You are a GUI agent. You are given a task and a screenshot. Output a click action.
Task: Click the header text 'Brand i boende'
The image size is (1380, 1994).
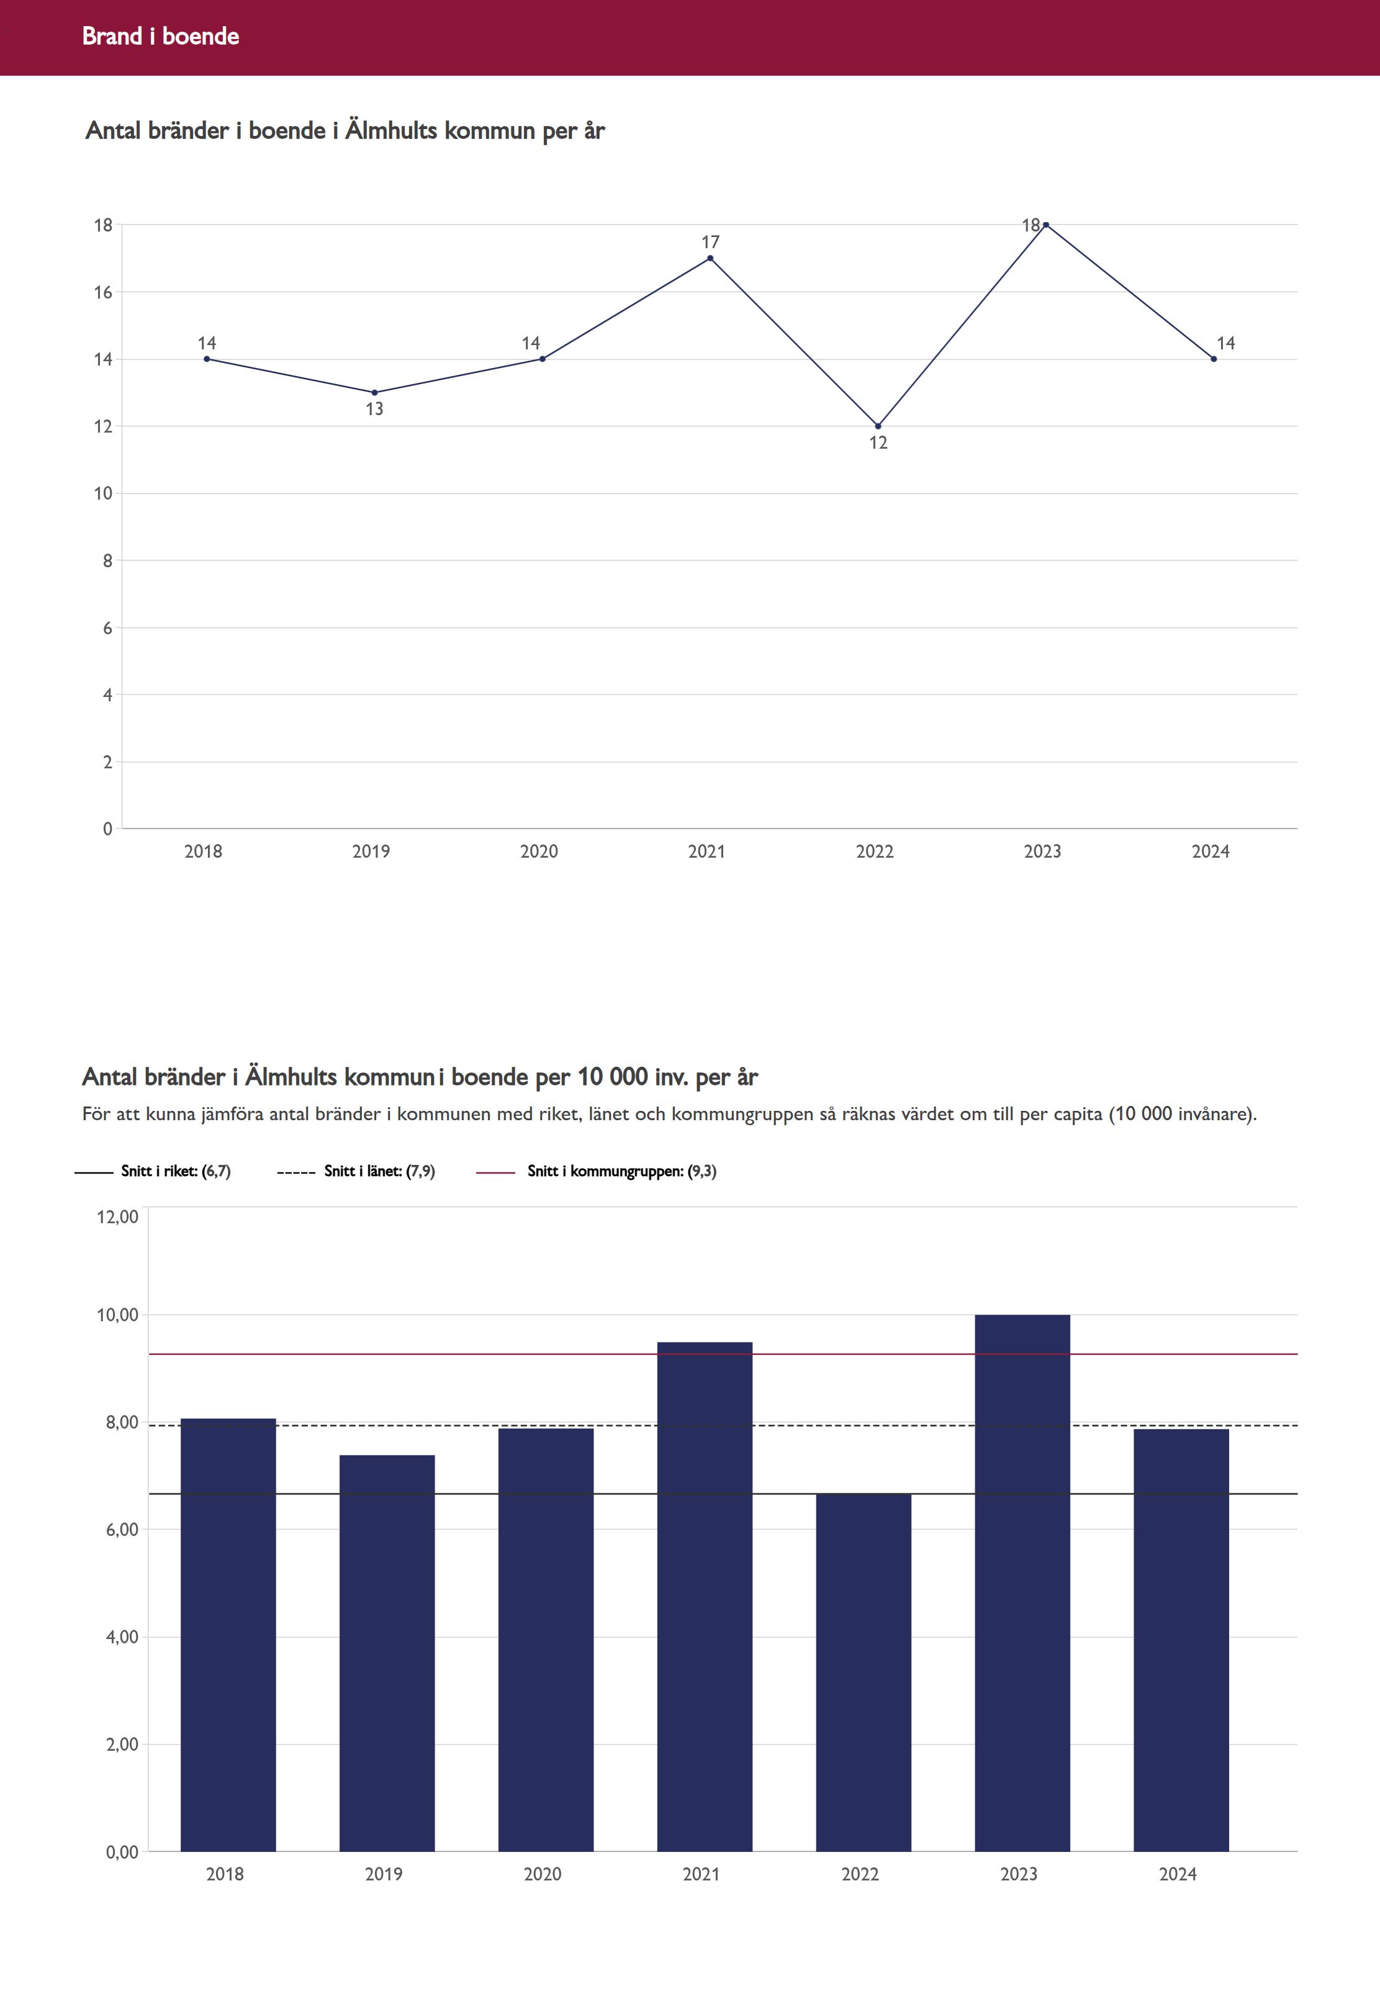click(x=160, y=36)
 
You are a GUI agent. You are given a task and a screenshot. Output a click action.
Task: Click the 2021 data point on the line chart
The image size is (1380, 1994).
click(x=710, y=258)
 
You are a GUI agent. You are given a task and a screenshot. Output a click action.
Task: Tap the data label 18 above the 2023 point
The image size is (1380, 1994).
click(x=1030, y=225)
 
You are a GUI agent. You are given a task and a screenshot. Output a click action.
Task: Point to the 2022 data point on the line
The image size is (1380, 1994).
click(x=878, y=426)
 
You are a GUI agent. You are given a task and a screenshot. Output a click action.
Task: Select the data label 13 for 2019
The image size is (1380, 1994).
click(x=374, y=409)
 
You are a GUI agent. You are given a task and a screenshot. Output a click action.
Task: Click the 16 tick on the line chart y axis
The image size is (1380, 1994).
click(x=103, y=292)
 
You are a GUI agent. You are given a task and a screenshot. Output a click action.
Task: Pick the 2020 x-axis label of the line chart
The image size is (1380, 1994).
click(x=539, y=851)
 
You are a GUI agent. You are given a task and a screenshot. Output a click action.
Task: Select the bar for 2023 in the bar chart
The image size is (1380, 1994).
click(x=1022, y=1582)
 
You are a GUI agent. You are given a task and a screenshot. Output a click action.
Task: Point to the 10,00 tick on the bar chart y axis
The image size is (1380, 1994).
click(x=117, y=1314)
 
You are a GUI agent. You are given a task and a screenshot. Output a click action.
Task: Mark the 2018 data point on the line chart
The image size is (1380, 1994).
click(x=207, y=359)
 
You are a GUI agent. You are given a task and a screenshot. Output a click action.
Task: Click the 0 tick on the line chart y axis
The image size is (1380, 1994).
click(x=107, y=829)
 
